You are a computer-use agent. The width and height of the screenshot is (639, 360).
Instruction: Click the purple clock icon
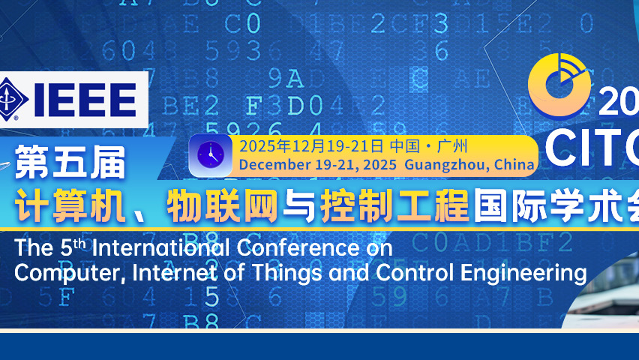[210, 155]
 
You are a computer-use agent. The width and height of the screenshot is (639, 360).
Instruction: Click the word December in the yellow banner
[271, 164]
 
